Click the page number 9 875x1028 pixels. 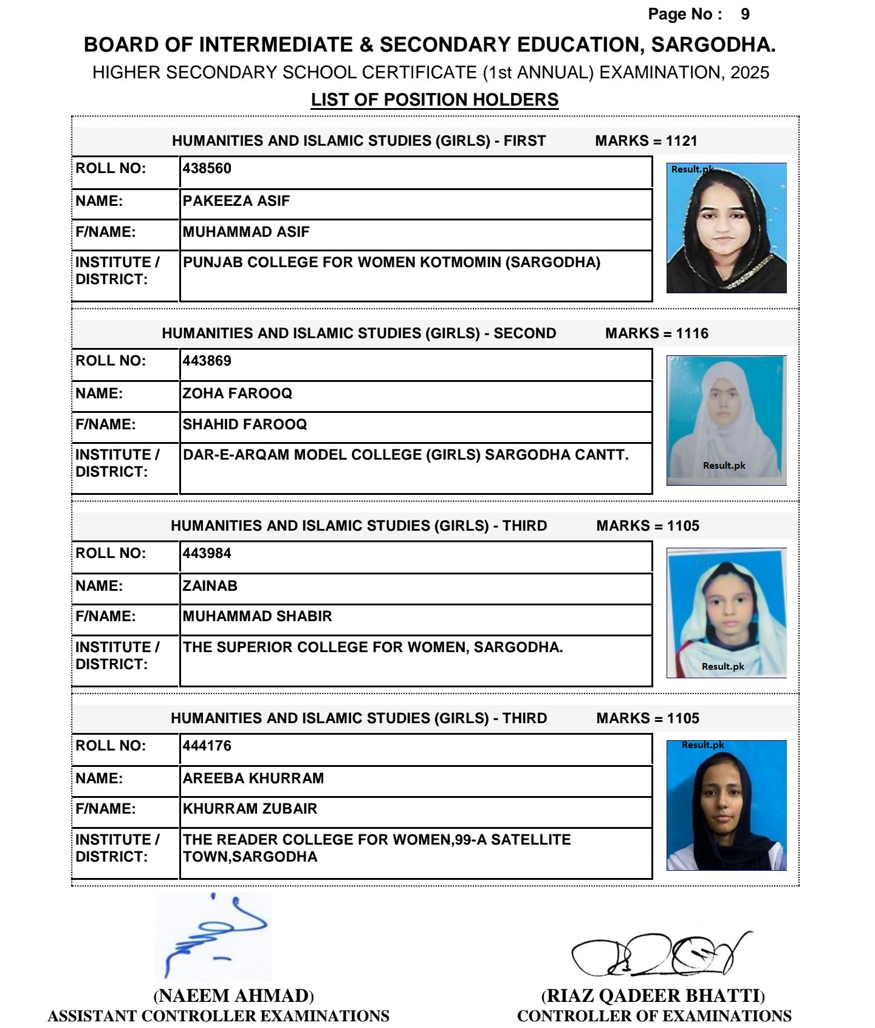pos(745,15)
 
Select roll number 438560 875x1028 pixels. pos(207,169)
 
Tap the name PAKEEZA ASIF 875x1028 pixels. pos(236,201)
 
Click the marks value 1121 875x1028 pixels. pos(682,141)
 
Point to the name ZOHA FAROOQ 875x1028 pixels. pos(238,393)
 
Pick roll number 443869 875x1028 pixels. pos(207,361)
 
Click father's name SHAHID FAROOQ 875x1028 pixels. pos(245,424)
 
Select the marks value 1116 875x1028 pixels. pos(692,333)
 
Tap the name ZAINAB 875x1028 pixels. pos(210,586)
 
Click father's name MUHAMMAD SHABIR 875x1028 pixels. pos(258,616)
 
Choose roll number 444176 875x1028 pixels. pos(207,746)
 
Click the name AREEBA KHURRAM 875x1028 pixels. pos(253,778)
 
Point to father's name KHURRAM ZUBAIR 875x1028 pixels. pos(250,809)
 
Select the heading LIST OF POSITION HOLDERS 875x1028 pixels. pos(434,100)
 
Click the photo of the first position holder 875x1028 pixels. pos(726,228)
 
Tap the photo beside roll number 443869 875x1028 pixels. pos(726,420)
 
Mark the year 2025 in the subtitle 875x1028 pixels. pos(750,73)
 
